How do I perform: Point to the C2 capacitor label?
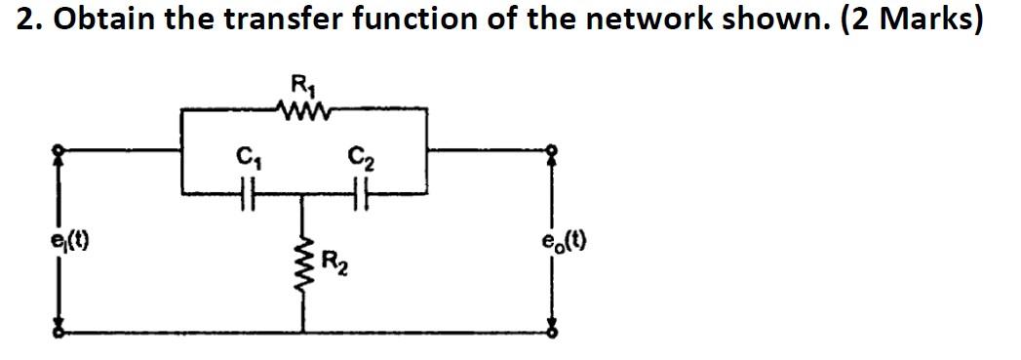(x=358, y=155)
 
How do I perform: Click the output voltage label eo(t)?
(x=565, y=239)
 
